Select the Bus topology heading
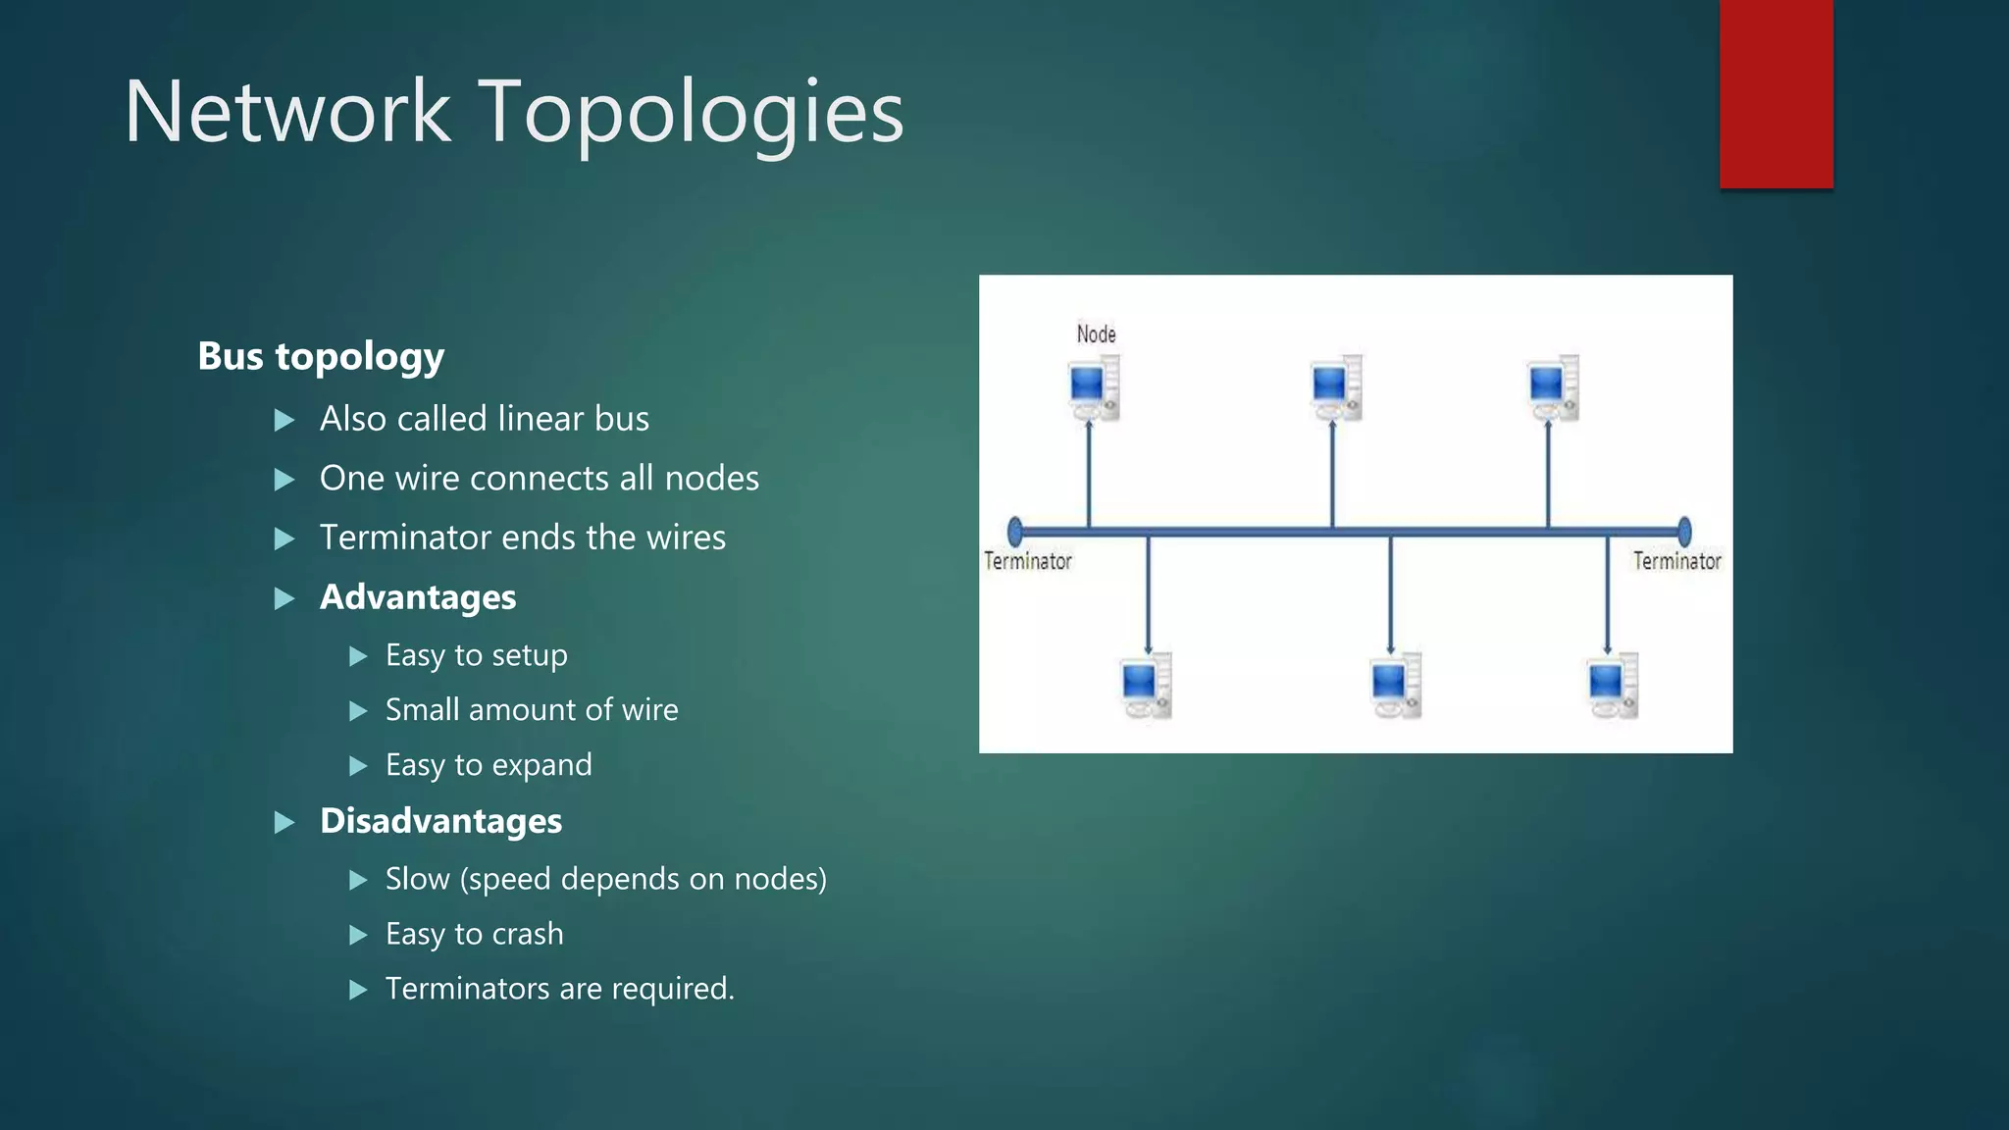click(x=321, y=356)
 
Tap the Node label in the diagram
click(x=1096, y=334)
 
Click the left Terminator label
click(x=1028, y=561)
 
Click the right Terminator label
click(x=1676, y=561)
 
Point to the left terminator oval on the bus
click(x=1015, y=532)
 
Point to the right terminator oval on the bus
click(x=1684, y=532)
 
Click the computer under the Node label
click(x=1094, y=387)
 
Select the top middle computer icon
click(x=1336, y=387)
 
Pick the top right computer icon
click(x=1553, y=387)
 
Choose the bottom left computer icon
click(x=1146, y=685)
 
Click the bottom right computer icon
click(x=1613, y=685)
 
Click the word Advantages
click(x=418, y=597)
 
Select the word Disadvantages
click(x=440, y=821)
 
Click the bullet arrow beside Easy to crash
click(x=358, y=935)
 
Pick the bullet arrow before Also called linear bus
click(x=284, y=421)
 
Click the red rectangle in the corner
click(x=1776, y=93)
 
